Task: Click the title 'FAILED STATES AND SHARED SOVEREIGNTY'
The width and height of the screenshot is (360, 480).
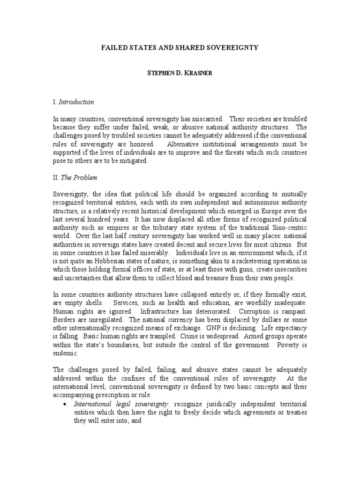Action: click(x=180, y=48)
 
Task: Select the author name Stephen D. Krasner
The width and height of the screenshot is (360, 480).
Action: click(x=180, y=75)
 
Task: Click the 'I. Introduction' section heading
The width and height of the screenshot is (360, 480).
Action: click(x=73, y=102)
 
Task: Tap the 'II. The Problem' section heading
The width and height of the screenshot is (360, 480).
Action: click(x=75, y=178)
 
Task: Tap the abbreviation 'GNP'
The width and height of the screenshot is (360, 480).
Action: click(x=217, y=329)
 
